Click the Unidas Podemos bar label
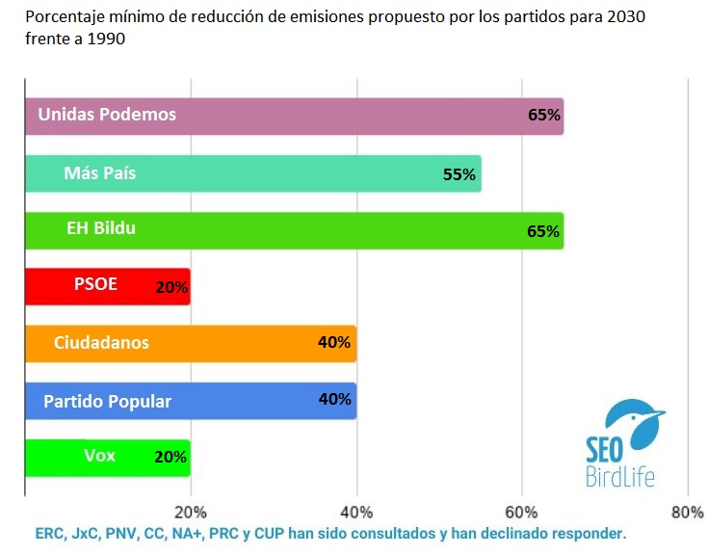pos(107,114)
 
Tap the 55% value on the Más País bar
pos(459,174)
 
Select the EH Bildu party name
pos(101,229)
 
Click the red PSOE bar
pos(106,286)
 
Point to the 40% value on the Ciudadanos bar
pos(334,342)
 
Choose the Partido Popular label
pos(107,401)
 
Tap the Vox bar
pos(106,457)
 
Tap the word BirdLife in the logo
pos(619,475)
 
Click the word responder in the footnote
pos(590,532)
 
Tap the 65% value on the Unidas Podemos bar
pos(544,115)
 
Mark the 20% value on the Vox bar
pos(170,457)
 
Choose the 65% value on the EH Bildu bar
pos(544,231)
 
